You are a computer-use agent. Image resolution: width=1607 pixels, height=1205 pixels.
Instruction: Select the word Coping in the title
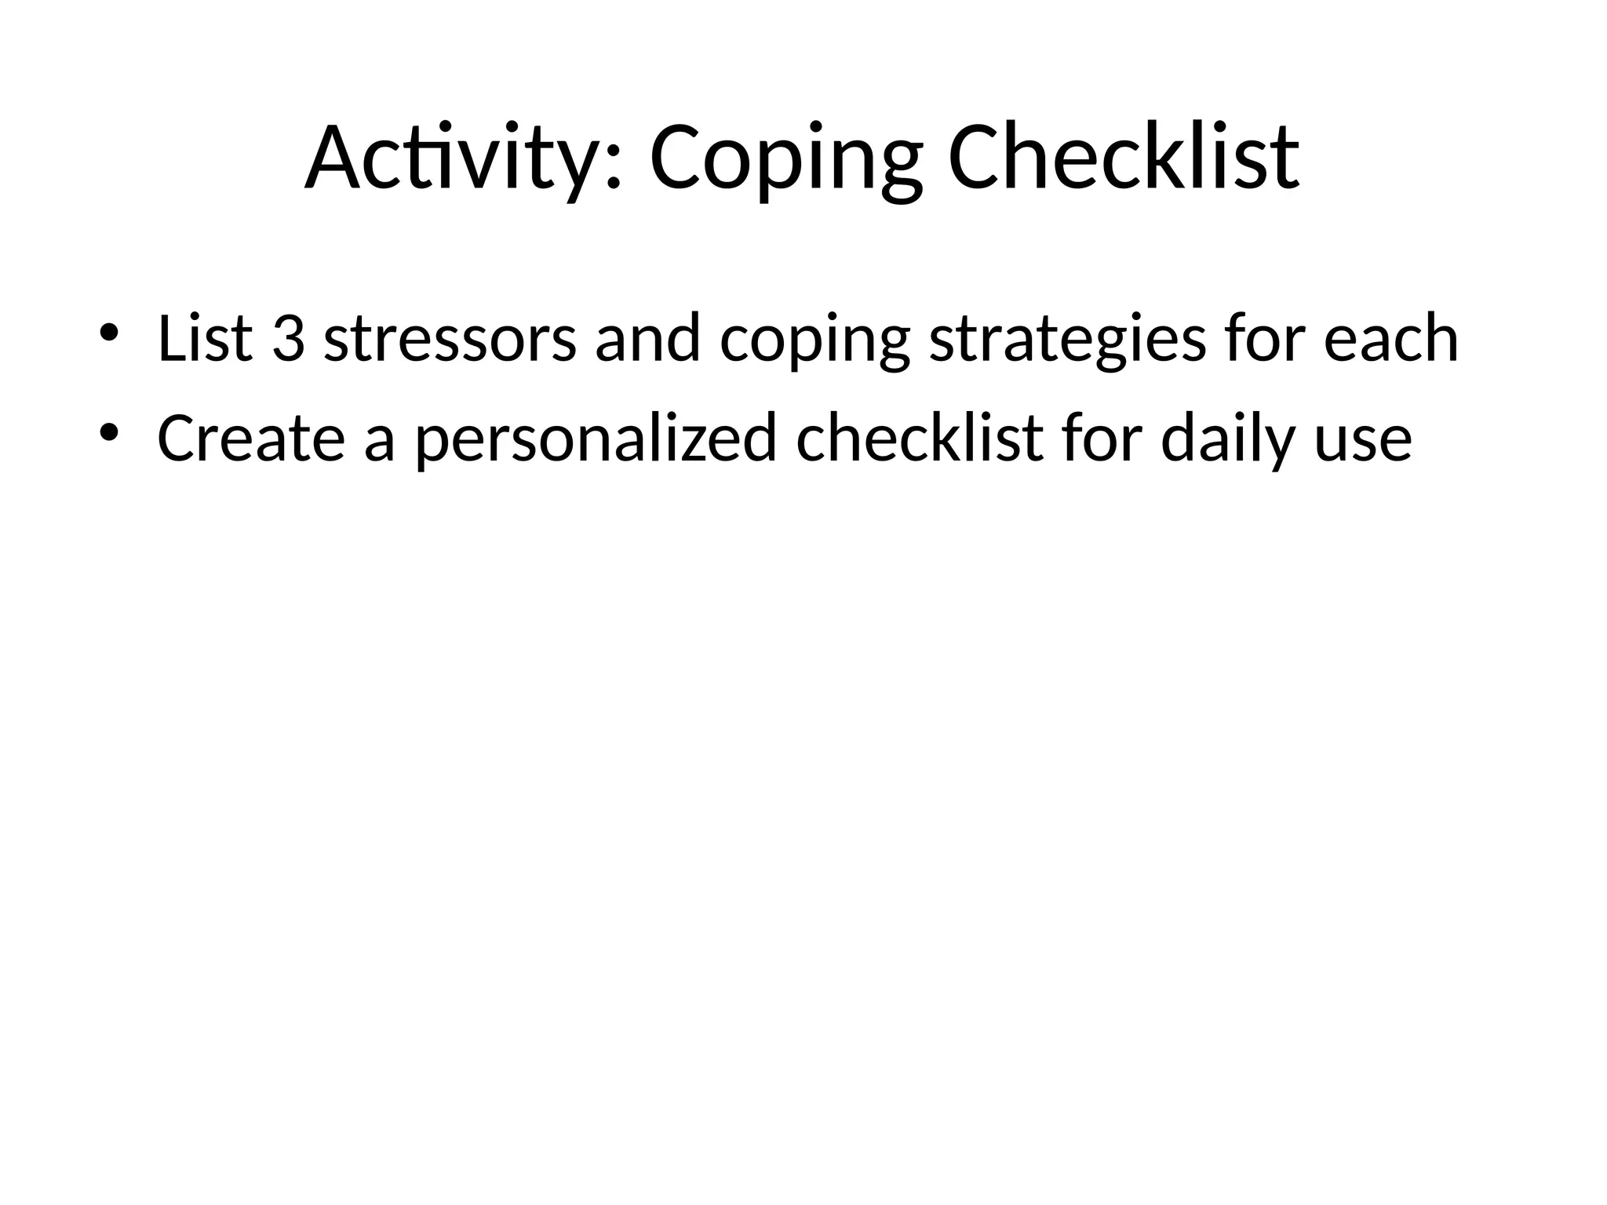785,158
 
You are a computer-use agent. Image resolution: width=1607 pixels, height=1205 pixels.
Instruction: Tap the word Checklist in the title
1124,158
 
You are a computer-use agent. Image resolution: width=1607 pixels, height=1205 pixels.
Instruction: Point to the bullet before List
108,333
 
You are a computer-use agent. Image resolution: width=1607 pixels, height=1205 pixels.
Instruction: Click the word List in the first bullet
205,338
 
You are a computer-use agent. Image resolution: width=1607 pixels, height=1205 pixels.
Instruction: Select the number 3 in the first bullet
288,338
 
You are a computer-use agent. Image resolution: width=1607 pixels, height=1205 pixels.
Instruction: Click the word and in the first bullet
647,338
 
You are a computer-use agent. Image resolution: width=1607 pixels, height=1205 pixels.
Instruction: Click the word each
1390,338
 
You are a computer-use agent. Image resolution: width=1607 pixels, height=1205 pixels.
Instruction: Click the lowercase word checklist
920,438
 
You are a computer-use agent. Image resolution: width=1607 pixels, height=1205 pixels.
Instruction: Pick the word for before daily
1102,438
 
